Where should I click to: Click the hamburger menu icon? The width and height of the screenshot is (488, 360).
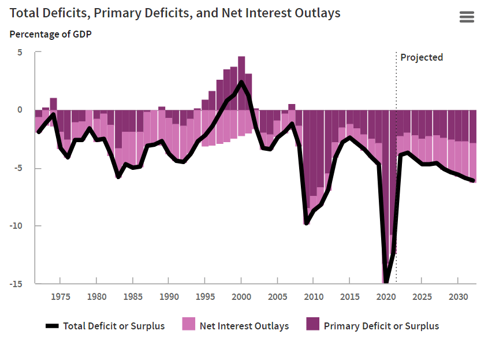(467, 17)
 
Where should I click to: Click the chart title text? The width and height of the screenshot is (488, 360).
(175, 13)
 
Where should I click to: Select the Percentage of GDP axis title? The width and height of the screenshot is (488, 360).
(51, 34)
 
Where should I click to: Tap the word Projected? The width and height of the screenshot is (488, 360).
(422, 57)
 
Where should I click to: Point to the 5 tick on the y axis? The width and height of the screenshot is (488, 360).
(20, 52)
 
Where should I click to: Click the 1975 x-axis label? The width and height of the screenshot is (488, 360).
(61, 297)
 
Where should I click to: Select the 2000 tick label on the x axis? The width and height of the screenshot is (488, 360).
(241, 297)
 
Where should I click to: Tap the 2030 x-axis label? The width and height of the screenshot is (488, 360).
(458, 297)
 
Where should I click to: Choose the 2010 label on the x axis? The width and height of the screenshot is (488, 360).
(314, 297)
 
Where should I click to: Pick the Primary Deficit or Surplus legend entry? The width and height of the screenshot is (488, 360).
(372, 326)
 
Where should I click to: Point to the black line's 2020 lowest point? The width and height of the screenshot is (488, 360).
(386, 282)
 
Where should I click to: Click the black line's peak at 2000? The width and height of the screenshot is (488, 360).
(241, 82)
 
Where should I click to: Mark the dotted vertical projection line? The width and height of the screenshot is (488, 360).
(396, 173)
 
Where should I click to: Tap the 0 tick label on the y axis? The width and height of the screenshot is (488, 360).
(20, 110)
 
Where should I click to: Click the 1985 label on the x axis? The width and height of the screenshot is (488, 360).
(133, 297)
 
